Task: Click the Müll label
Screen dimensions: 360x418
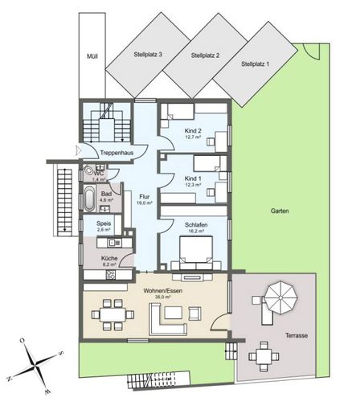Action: click(92, 56)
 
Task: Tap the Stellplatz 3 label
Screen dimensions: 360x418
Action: click(148, 55)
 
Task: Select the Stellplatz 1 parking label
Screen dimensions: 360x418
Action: click(255, 64)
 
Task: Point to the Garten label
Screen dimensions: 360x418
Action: click(280, 211)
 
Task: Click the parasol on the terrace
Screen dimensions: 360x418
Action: click(280, 297)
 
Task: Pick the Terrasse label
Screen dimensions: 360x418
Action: click(297, 335)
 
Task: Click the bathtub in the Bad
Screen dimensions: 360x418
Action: click(89, 199)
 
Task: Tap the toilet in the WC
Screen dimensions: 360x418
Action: click(88, 170)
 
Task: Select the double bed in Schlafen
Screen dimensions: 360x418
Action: click(196, 252)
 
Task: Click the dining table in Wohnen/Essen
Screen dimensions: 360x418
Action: click(112, 314)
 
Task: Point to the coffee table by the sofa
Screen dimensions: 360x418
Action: click(174, 313)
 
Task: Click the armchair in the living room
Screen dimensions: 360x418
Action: click(194, 313)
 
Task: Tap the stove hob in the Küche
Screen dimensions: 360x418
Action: click(111, 275)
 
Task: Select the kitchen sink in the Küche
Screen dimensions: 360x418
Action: click(114, 243)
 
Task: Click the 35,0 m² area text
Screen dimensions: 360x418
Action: click(163, 297)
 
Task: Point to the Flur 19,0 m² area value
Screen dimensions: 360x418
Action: click(145, 203)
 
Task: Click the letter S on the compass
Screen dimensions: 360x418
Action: click(61, 353)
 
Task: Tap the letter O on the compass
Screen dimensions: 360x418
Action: click(22, 341)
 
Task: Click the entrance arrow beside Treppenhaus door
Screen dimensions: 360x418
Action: click(78, 150)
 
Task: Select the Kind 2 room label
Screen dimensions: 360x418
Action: click(193, 131)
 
